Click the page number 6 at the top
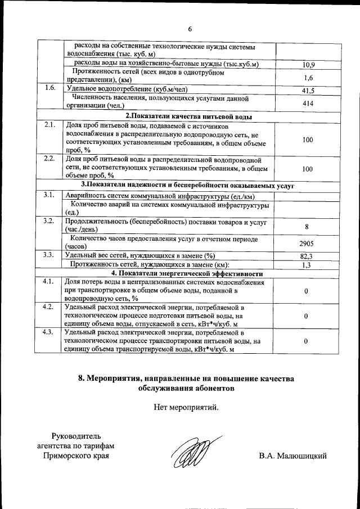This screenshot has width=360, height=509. (x=190, y=29)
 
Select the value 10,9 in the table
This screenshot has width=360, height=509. (x=308, y=65)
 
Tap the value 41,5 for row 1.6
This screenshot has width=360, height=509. (x=308, y=90)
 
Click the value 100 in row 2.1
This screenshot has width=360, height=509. (x=308, y=139)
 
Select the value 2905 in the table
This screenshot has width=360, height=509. (x=308, y=244)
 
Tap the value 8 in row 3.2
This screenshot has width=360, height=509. (x=308, y=226)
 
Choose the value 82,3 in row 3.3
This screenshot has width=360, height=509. (x=308, y=256)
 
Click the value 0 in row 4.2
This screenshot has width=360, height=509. (x=306, y=317)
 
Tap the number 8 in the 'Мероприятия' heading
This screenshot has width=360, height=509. (x=89, y=379)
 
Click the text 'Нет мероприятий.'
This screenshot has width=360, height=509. (x=186, y=407)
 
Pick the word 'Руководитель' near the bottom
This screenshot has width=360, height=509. (x=75, y=435)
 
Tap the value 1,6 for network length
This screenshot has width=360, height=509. (x=308, y=78)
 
